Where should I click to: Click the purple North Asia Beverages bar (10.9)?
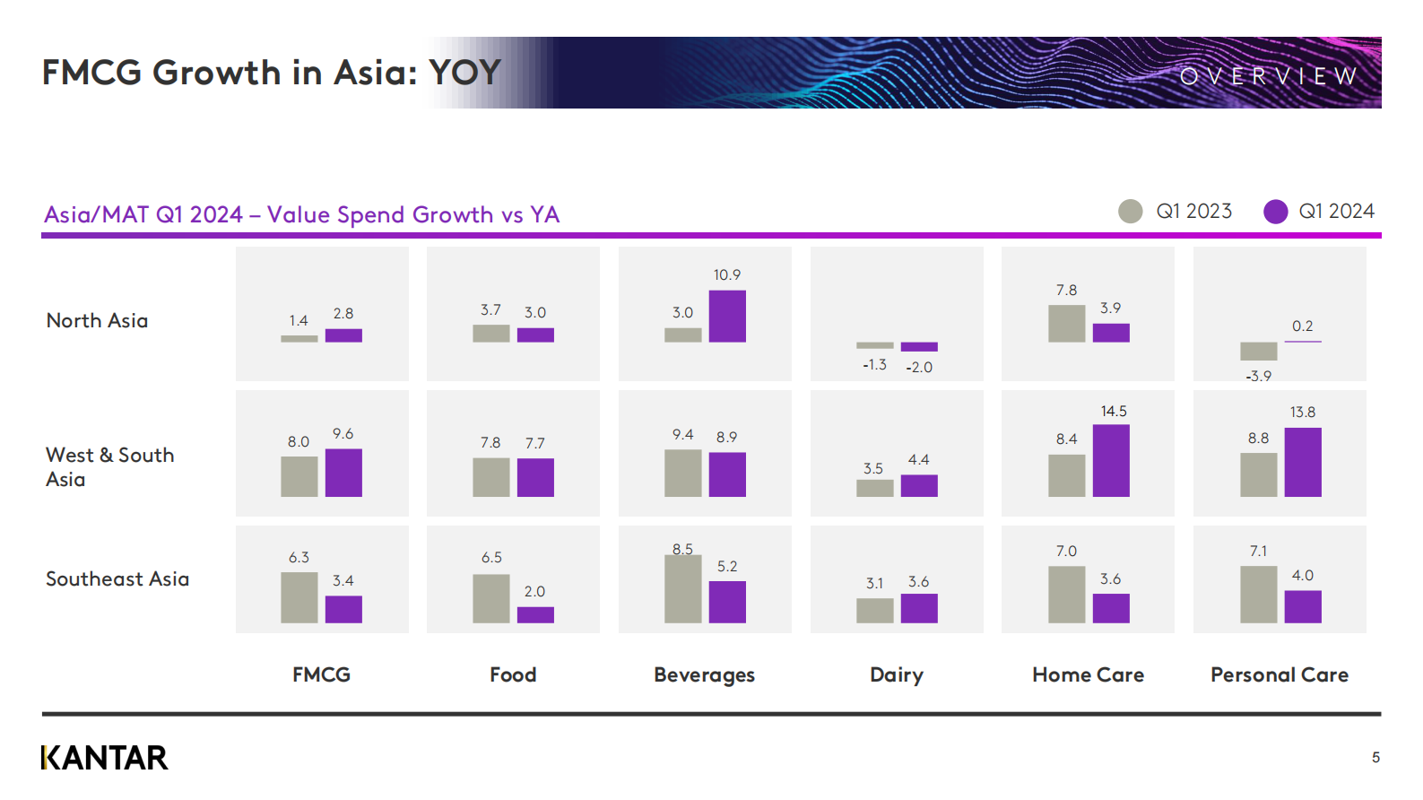tap(727, 317)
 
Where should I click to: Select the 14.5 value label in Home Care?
tap(1114, 411)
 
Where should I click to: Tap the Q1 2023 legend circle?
tap(1130, 212)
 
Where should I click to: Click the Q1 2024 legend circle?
tap(1276, 212)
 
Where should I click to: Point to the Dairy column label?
tap(897, 674)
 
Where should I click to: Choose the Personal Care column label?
tap(1280, 674)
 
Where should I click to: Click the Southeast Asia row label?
tap(117, 578)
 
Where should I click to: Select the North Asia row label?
tap(97, 320)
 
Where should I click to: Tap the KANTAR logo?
tap(105, 758)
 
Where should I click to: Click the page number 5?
tap(1376, 758)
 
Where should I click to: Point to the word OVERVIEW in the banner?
tap(1269, 77)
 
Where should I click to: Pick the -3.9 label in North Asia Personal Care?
tap(1259, 376)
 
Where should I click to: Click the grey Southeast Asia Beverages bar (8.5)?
tap(683, 589)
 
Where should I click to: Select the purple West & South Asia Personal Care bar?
tap(1303, 462)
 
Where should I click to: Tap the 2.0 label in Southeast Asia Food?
tap(535, 592)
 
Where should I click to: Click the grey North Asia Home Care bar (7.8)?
tap(1067, 324)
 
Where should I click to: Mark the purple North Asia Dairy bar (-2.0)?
tap(919, 347)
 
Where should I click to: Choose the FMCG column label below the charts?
tap(321, 674)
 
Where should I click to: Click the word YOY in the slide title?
tap(465, 73)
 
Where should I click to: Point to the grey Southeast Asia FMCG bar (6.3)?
tap(299, 598)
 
